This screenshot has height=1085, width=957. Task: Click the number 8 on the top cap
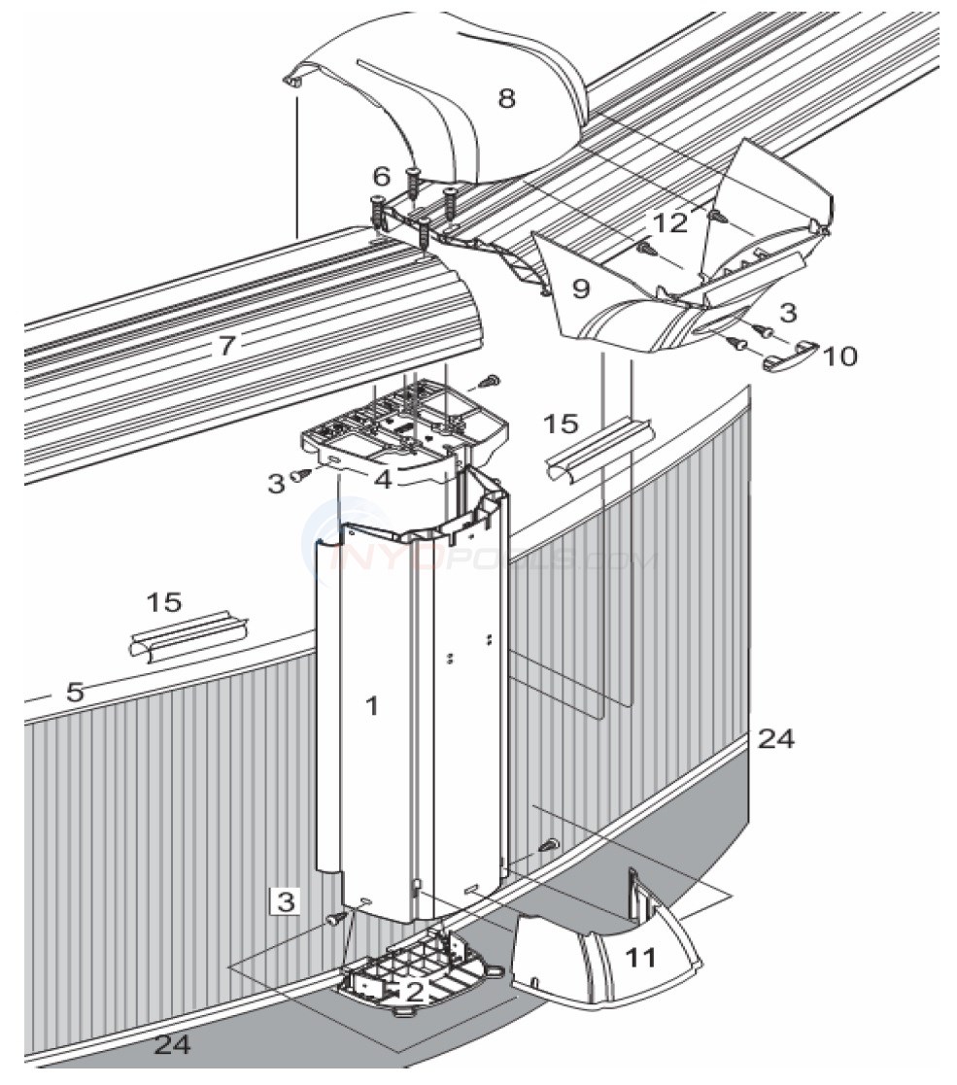point(506,98)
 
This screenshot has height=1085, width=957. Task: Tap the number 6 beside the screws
point(381,176)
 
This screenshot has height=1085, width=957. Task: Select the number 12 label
point(670,223)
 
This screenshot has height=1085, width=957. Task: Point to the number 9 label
point(581,289)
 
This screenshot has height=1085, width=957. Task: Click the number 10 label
point(839,356)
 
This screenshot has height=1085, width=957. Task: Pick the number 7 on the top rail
point(225,345)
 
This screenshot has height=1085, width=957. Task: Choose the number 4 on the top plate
point(385,478)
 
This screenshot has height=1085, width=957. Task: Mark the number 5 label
point(75,692)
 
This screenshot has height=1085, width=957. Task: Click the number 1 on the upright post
point(371,706)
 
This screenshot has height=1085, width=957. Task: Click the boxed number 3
point(284,900)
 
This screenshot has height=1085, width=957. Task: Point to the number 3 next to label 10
point(789,312)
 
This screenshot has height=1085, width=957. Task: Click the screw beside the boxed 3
point(336,917)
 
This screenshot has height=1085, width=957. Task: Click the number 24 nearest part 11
point(775,739)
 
